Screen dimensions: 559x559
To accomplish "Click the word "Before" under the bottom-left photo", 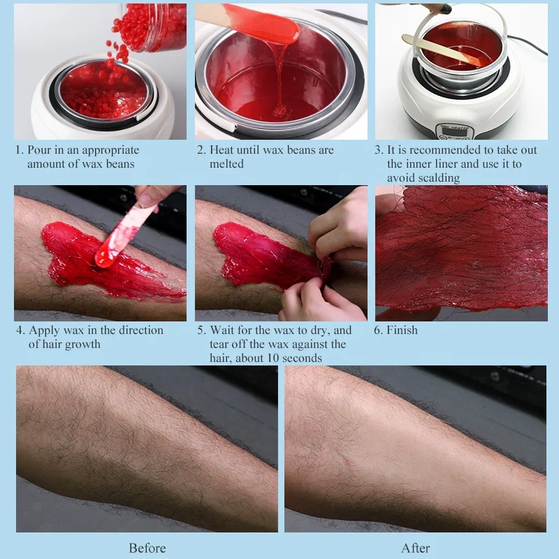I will point(147,548).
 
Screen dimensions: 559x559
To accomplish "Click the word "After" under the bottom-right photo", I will point(415,548).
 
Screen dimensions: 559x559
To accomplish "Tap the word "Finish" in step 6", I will point(402,330).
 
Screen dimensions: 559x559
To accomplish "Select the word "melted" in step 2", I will point(226,164).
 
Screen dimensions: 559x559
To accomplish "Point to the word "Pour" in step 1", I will point(40,150).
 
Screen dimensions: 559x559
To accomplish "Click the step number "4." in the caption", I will point(20,330).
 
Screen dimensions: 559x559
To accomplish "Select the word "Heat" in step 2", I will point(224,150).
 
